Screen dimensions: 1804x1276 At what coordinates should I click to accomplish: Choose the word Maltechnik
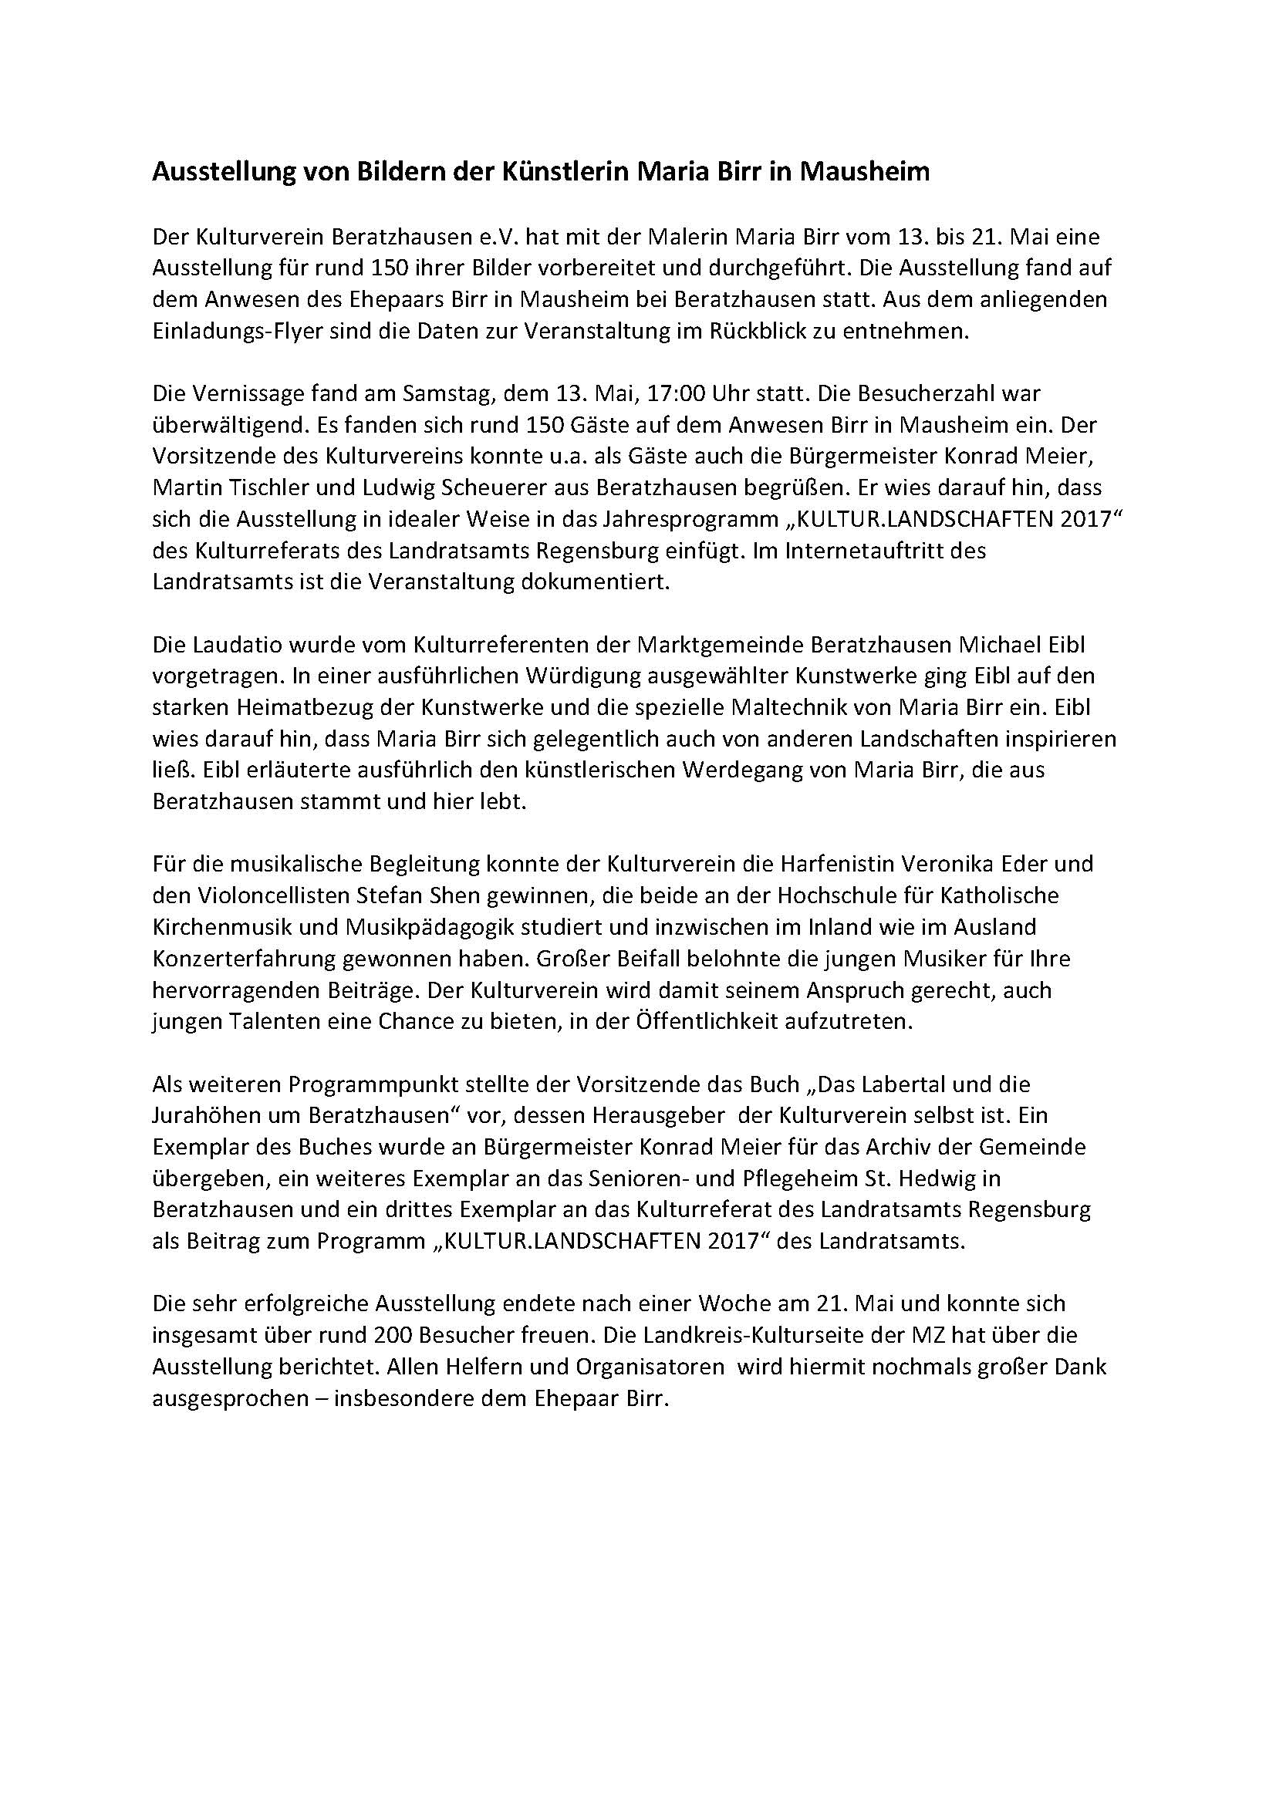pyautogui.click(x=782, y=707)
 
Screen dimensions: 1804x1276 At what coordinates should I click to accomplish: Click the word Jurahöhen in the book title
pyautogui.click(x=205, y=1116)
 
